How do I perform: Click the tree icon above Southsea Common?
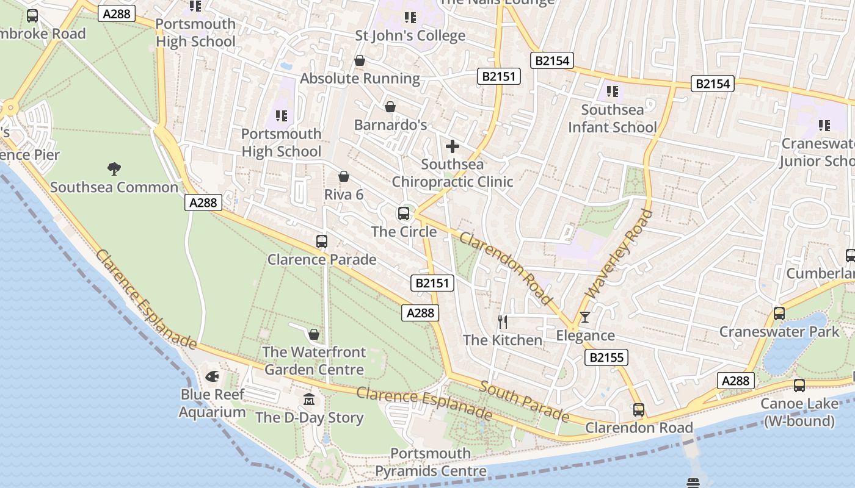click(114, 168)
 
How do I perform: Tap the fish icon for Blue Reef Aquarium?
click(213, 377)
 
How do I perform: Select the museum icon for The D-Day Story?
click(310, 400)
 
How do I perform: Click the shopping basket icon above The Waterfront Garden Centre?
click(314, 334)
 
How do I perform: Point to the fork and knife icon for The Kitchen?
click(503, 321)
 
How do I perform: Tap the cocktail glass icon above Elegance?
click(585, 317)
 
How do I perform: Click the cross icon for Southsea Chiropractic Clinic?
click(453, 146)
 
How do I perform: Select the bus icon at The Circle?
click(404, 213)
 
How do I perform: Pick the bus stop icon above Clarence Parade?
click(322, 242)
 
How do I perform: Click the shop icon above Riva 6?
click(344, 176)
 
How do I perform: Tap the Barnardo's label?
click(390, 125)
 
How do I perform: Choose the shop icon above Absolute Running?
click(360, 60)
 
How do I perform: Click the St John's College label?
click(410, 36)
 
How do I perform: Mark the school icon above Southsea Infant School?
click(613, 91)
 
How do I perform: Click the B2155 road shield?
click(606, 357)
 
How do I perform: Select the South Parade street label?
click(524, 401)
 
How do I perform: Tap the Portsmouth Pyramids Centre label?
click(431, 462)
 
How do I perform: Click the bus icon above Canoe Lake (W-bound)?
click(799, 386)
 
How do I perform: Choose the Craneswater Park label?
click(779, 332)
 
